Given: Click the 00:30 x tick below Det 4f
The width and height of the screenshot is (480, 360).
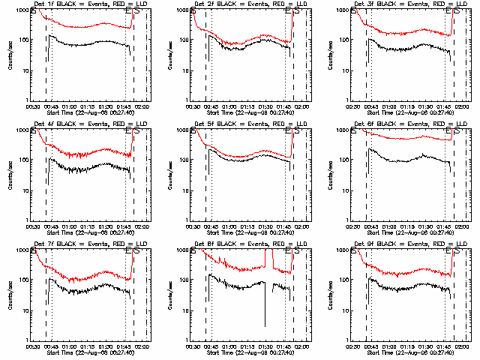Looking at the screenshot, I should tap(33, 226).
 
